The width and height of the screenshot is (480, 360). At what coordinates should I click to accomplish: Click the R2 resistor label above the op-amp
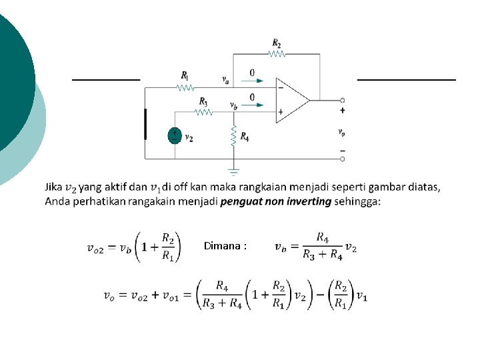276,43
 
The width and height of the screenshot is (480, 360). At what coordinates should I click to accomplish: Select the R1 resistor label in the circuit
185,75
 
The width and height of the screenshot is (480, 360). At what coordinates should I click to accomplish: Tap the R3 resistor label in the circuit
203,101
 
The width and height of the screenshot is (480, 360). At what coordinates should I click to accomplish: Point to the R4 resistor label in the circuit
245,137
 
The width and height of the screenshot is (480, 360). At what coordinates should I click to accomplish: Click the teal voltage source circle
174,135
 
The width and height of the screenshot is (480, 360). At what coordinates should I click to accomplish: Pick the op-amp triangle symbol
292,100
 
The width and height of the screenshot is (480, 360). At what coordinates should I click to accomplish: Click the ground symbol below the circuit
233,170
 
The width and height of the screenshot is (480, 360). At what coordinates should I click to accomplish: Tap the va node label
226,79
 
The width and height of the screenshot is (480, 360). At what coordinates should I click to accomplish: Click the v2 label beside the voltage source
189,138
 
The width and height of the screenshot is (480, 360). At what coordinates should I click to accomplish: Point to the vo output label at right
342,132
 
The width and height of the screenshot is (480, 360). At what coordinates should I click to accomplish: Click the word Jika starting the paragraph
55,187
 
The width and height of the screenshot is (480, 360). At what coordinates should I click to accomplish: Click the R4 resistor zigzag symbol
234,135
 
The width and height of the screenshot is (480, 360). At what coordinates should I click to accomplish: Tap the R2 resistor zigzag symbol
276,53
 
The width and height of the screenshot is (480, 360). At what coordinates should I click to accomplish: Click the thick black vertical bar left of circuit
145,124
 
